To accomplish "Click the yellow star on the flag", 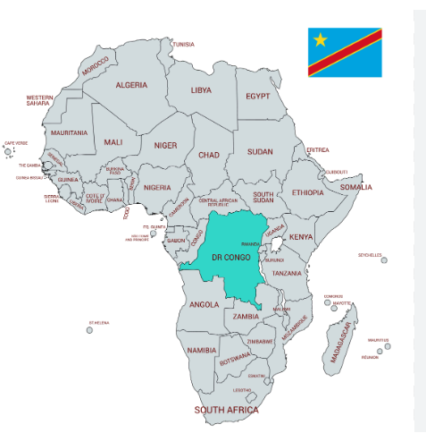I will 321,40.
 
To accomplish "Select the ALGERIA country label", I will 131,85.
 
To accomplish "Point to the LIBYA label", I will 202,90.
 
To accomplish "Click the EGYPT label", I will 258,95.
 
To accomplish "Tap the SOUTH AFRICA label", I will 227,410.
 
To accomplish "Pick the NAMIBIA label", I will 202,351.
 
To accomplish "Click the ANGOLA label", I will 205,304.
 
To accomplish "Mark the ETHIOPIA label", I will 307,192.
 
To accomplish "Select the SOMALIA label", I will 356,188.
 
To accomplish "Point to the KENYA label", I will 302,237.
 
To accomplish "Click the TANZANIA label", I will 287,273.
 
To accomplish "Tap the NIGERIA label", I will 157,188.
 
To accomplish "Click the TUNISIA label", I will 183,44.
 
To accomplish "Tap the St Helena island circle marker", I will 89,330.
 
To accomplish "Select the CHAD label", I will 208,155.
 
